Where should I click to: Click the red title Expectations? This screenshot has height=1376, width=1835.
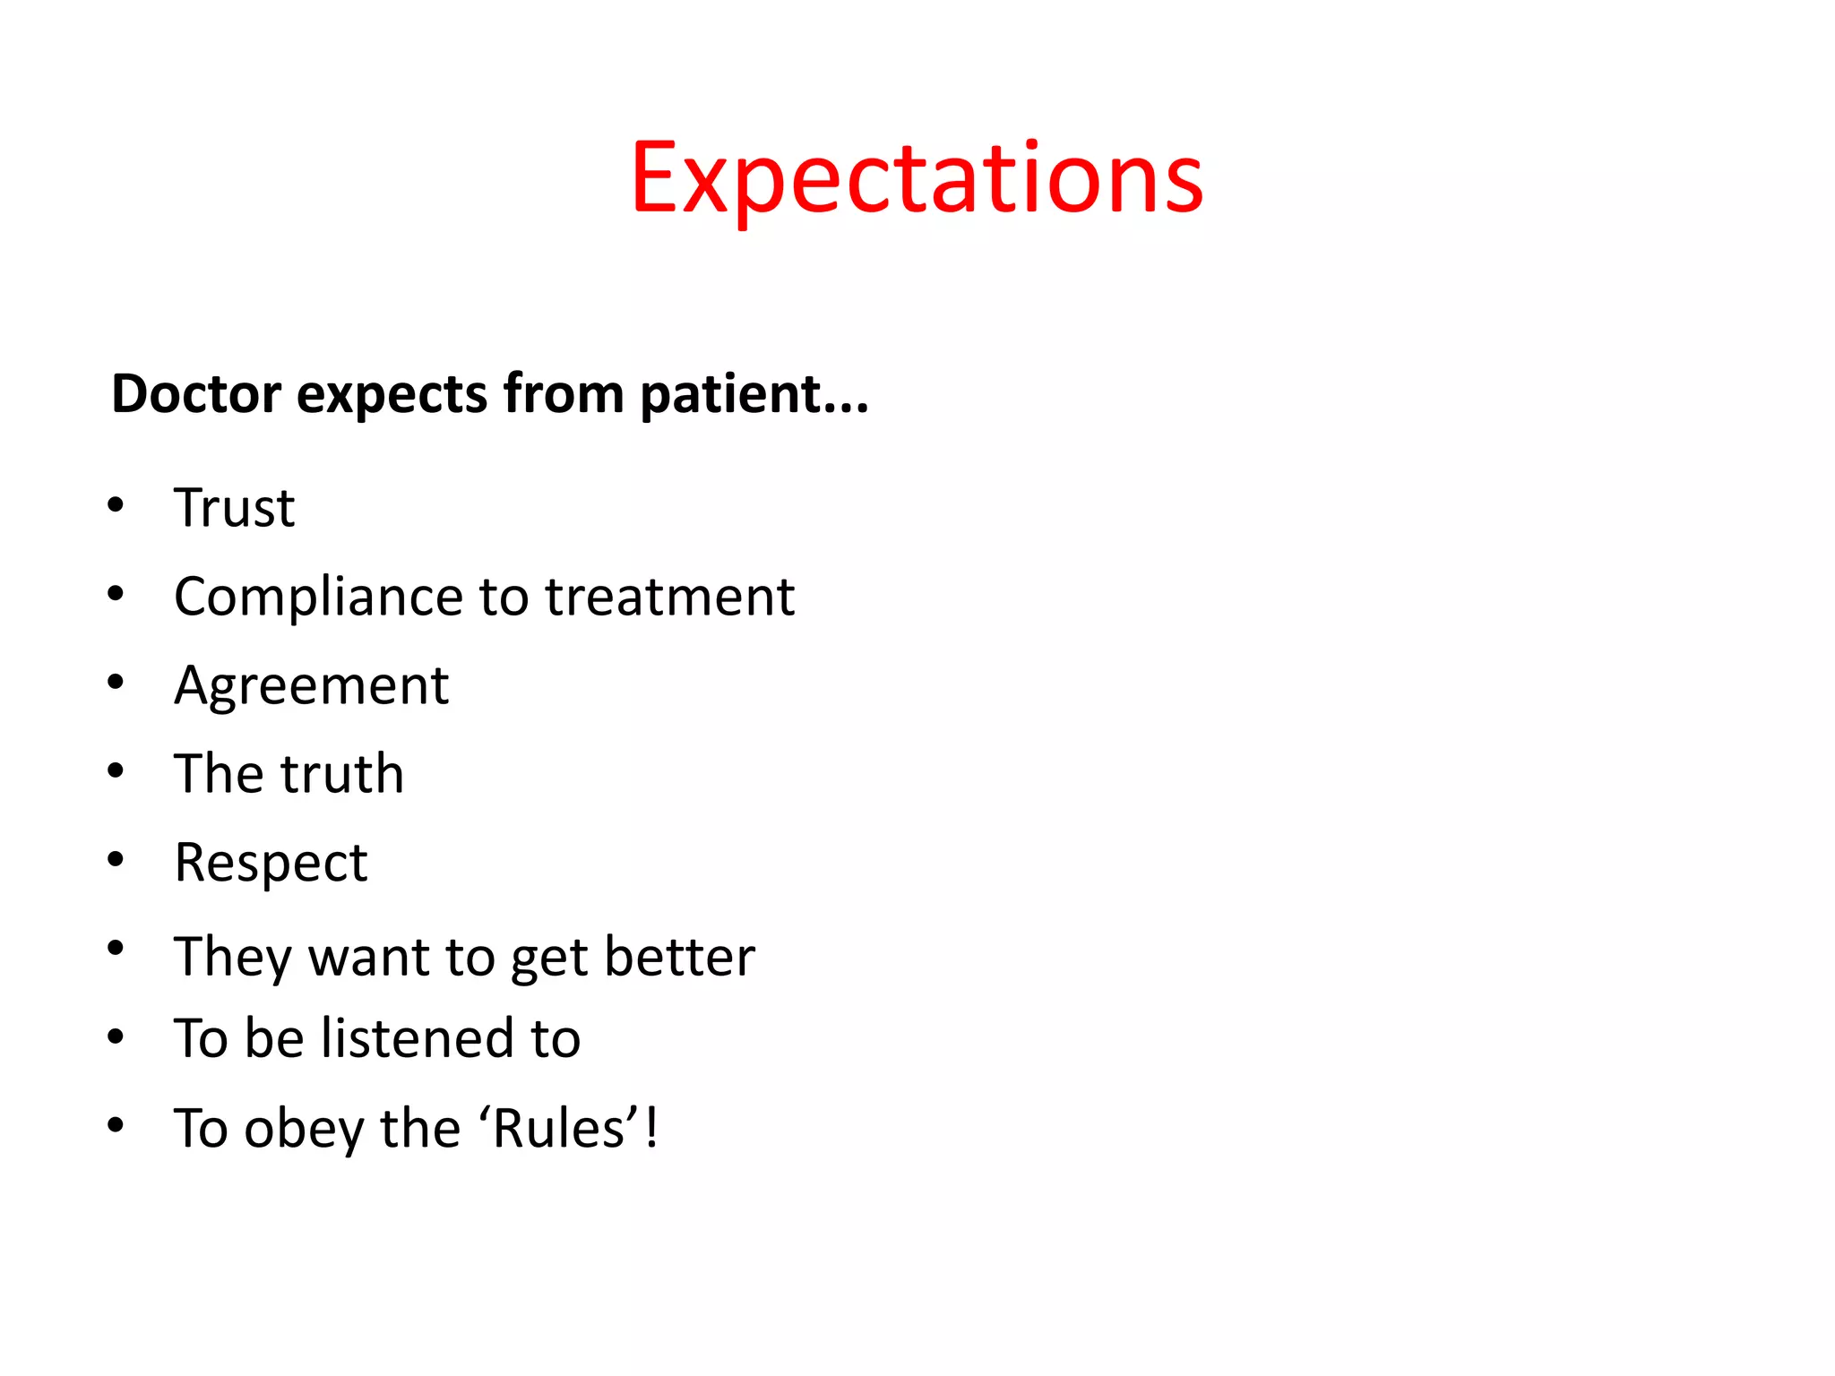pyautogui.click(x=917, y=179)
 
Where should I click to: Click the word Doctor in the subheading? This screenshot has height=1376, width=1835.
pyautogui.click(x=196, y=394)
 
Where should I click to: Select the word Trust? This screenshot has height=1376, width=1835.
pyautogui.click(x=234, y=508)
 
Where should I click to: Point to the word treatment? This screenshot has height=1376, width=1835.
pyautogui.click(x=669, y=598)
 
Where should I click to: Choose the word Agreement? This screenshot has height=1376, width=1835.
pyautogui.click(x=311, y=687)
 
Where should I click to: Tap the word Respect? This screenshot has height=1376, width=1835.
pyautogui.click(x=271, y=864)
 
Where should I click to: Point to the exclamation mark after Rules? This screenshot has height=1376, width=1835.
pyautogui.click(x=651, y=1127)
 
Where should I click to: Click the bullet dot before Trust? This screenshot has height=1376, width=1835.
pyautogui.click(x=116, y=505)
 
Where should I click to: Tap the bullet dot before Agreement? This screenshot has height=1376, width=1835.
pyautogui.click(x=116, y=683)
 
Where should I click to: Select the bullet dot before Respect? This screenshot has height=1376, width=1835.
pyautogui.click(x=116, y=860)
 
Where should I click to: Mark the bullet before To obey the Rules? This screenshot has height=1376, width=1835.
pyautogui.click(x=116, y=1125)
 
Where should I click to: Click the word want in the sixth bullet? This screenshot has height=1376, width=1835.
pyautogui.click(x=368, y=957)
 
